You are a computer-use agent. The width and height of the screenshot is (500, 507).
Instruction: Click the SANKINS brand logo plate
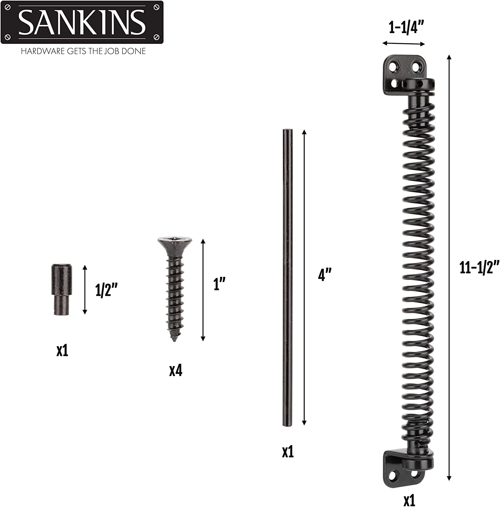(82, 22)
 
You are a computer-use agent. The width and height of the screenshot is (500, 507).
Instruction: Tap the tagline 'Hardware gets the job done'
(83, 51)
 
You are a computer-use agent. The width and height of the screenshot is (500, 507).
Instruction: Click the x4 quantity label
(176, 371)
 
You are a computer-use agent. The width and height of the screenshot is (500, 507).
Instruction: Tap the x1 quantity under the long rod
(288, 452)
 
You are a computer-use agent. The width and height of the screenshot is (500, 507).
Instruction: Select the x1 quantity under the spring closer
(409, 500)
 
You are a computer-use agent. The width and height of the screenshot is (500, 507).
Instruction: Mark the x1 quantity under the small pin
(62, 351)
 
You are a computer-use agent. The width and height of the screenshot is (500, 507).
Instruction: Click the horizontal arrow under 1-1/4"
(403, 44)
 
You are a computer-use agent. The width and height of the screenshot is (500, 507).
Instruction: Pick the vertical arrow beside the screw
(203, 290)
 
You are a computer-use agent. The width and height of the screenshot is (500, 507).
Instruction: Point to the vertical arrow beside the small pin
(85, 290)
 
